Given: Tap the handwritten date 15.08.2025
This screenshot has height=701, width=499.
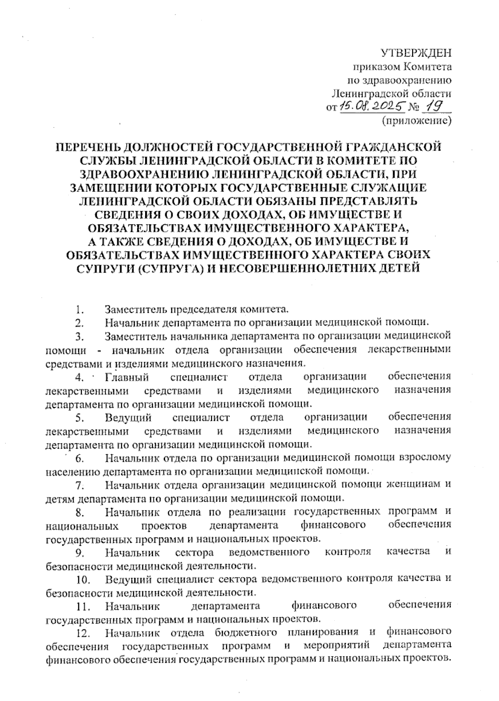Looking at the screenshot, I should [373, 107].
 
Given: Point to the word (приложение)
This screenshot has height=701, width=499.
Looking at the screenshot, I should [416, 121].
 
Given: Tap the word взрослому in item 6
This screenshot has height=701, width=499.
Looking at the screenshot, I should [425, 458].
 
